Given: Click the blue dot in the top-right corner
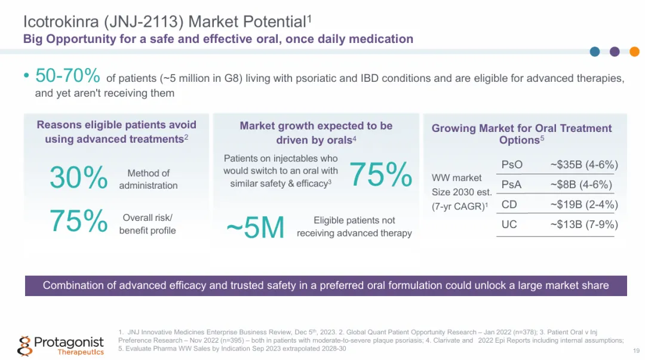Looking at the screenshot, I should tap(595, 51).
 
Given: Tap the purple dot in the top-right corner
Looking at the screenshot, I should tap(615, 51).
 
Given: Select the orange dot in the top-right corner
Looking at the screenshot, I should tap(634, 51).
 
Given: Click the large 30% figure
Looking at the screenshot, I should tap(78, 178).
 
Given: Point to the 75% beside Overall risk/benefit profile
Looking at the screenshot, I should tap(78, 221).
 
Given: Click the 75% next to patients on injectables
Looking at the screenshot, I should tap(380, 174).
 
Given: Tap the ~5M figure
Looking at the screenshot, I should tap(255, 228).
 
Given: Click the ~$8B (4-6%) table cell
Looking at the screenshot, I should tap(580, 185).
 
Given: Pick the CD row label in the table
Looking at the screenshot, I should tap(509, 205).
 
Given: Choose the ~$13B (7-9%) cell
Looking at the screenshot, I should tap(583, 224).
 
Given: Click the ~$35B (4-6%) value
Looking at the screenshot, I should tap(583, 165).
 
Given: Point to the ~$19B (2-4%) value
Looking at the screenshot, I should tap(583, 205).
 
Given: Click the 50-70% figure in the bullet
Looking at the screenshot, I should tap(67, 76).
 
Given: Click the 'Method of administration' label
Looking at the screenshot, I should tap(148, 179).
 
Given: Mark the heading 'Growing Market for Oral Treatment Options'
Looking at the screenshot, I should tap(521, 134).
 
